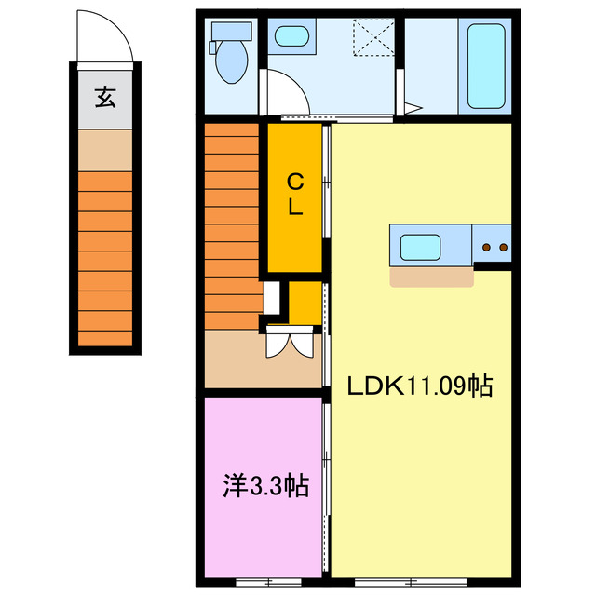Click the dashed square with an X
tap(368, 37)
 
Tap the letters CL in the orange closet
tap(294, 194)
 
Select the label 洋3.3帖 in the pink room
tap(265, 485)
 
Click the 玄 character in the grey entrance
tap(105, 98)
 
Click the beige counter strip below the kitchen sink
tap(431, 277)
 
